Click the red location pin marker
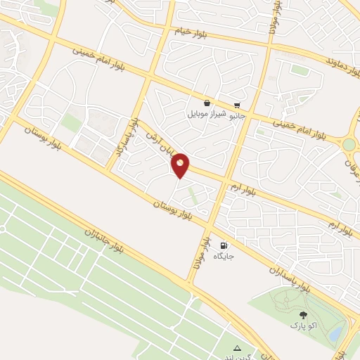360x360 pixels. (180, 165)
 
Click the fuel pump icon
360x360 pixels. (224, 246)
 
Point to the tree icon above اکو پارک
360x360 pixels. (303, 316)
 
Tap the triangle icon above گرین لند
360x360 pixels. (237, 347)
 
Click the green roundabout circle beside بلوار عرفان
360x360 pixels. (349, 144)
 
